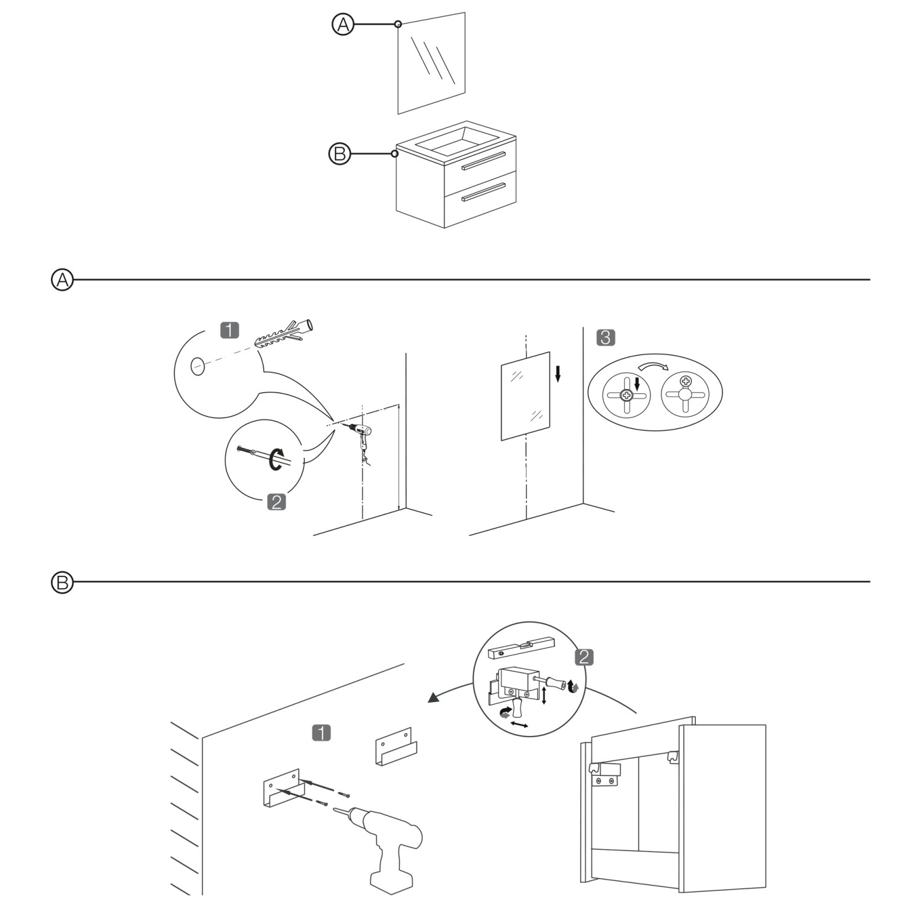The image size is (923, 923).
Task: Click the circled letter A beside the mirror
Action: click(343, 25)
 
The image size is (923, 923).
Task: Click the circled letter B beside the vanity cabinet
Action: click(339, 153)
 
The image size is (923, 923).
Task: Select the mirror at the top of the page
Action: click(431, 63)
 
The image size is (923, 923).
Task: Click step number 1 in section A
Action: click(230, 330)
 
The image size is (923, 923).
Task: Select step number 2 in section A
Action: click(277, 502)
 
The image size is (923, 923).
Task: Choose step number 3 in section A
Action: click(605, 337)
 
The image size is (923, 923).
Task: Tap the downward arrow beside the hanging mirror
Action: click(557, 373)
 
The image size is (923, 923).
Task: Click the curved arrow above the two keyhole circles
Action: click(653, 366)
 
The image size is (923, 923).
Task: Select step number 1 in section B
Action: click(321, 733)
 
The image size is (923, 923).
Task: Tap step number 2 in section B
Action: click(583, 657)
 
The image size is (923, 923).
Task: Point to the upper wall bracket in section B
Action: click(396, 746)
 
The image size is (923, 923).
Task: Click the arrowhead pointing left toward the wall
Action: click(434, 697)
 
